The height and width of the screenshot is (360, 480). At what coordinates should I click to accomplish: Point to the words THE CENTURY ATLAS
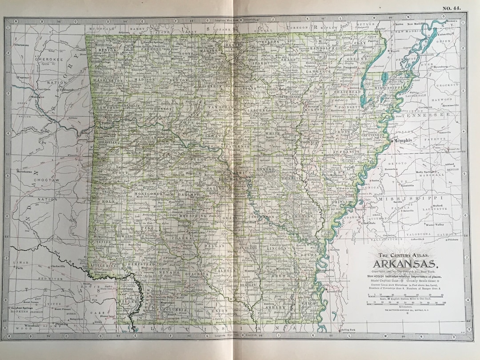[404, 255]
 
